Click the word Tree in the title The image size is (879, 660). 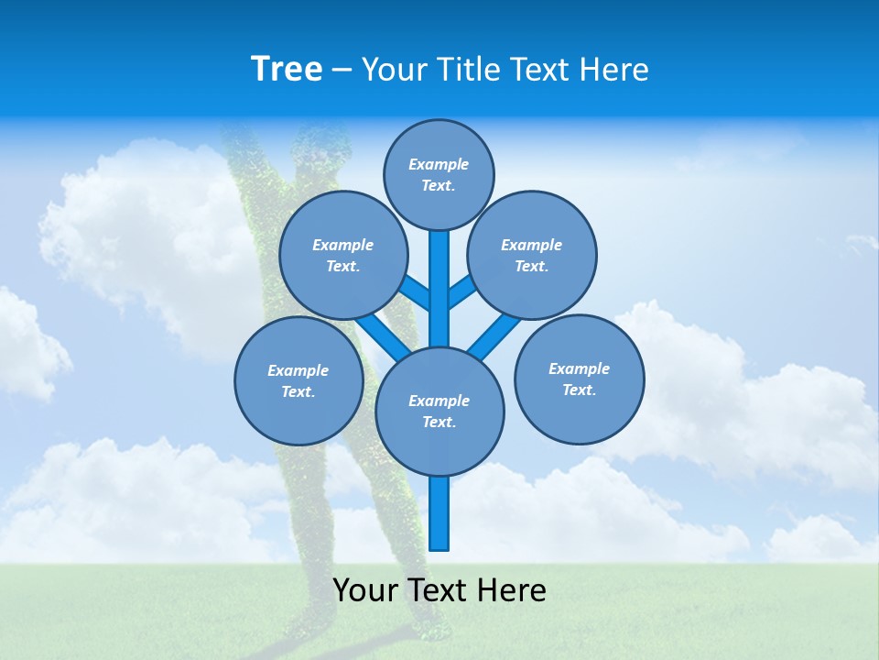[x=287, y=69]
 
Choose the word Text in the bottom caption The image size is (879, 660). [x=438, y=590]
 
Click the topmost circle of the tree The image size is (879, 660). [x=439, y=174]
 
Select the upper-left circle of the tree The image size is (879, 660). [x=342, y=255]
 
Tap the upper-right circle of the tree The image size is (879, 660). [x=531, y=255]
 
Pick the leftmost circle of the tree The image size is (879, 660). [x=298, y=380]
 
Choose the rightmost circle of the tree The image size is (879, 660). [x=579, y=379]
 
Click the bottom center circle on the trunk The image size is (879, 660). [x=439, y=411]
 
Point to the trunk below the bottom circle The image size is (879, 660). [x=439, y=513]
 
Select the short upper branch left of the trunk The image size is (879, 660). [x=416, y=294]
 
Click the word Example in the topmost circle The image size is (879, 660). [x=439, y=164]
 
